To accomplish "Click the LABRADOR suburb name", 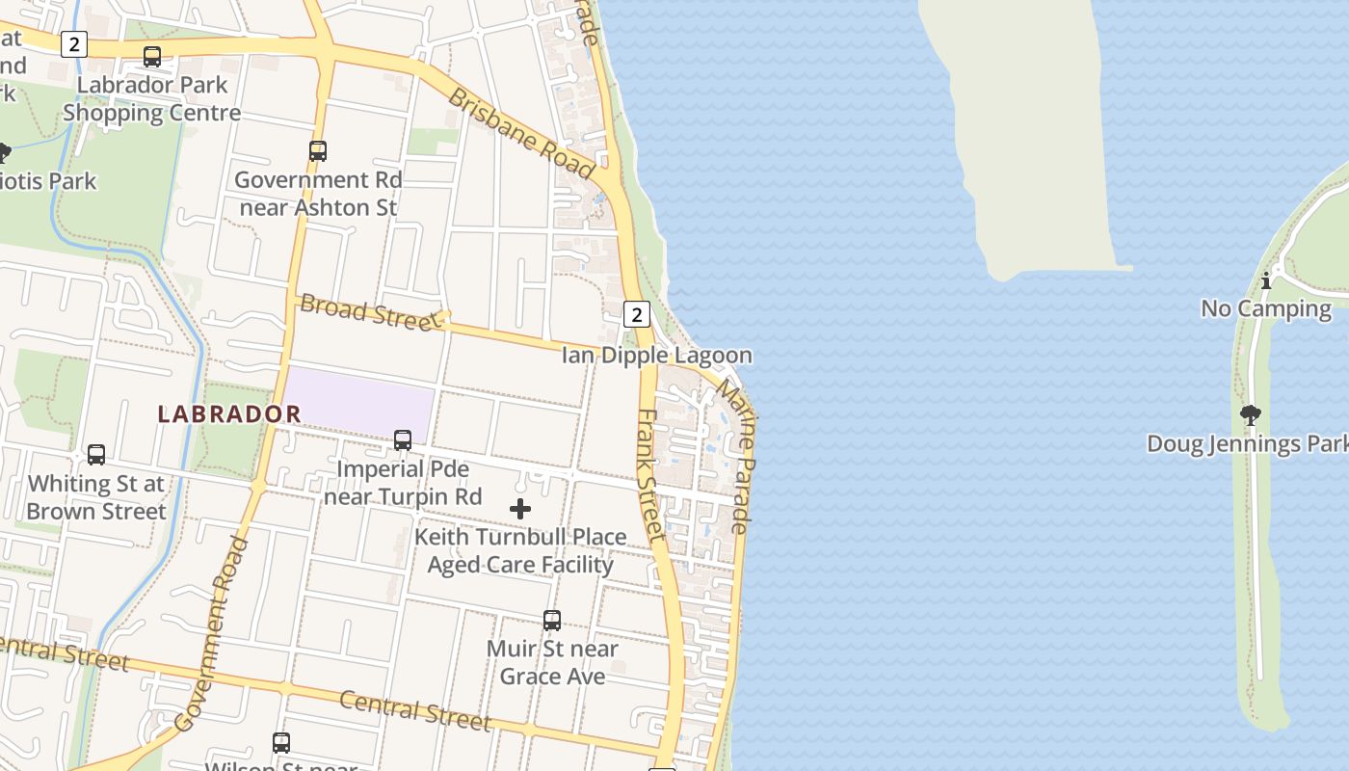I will [x=229, y=414].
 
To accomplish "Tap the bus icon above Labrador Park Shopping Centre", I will [x=152, y=57].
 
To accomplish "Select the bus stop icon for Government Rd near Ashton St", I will [x=318, y=151].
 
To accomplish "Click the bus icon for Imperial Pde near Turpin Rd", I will [x=403, y=440].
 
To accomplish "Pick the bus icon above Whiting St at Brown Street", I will [x=96, y=455].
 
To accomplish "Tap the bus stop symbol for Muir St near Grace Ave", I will [x=552, y=621].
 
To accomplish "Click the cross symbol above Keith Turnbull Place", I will [x=520, y=509].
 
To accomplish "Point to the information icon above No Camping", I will [x=1266, y=280].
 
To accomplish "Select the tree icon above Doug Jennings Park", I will [x=1251, y=415].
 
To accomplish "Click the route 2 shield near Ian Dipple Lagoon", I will [x=637, y=314].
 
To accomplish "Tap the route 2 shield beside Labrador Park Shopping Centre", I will [x=74, y=44].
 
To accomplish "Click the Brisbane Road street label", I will [x=521, y=133].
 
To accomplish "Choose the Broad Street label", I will [x=370, y=312].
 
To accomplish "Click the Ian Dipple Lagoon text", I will [x=656, y=356].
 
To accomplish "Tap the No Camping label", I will [x=1265, y=309].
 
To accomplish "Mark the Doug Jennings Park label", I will [x=1247, y=444].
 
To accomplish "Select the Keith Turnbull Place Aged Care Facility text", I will [x=520, y=551].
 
